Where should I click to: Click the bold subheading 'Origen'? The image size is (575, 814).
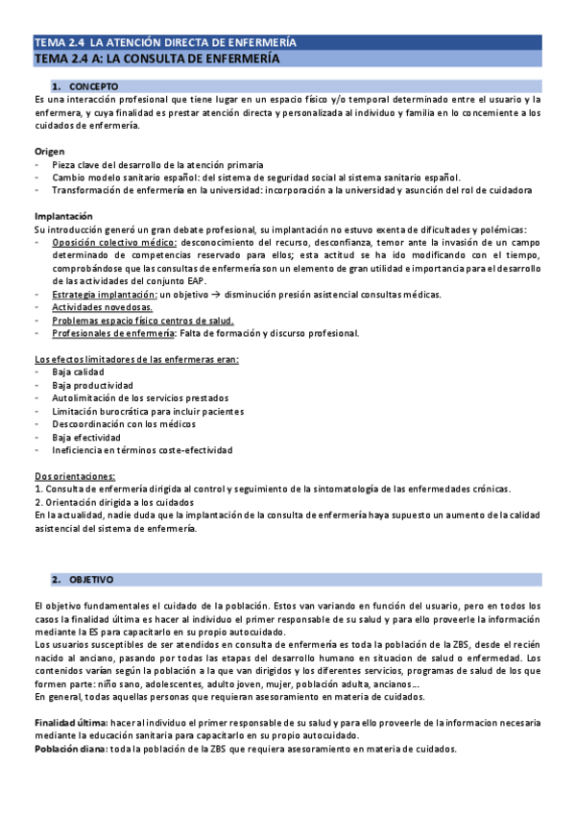point(49,152)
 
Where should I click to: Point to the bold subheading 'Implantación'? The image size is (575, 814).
point(63,216)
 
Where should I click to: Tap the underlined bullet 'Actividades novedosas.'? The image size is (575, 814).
point(99,307)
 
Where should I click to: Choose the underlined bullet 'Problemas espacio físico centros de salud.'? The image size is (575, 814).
point(143,321)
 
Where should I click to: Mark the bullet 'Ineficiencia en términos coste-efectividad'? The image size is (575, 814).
point(142,449)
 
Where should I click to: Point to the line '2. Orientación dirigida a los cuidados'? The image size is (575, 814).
point(113,502)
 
